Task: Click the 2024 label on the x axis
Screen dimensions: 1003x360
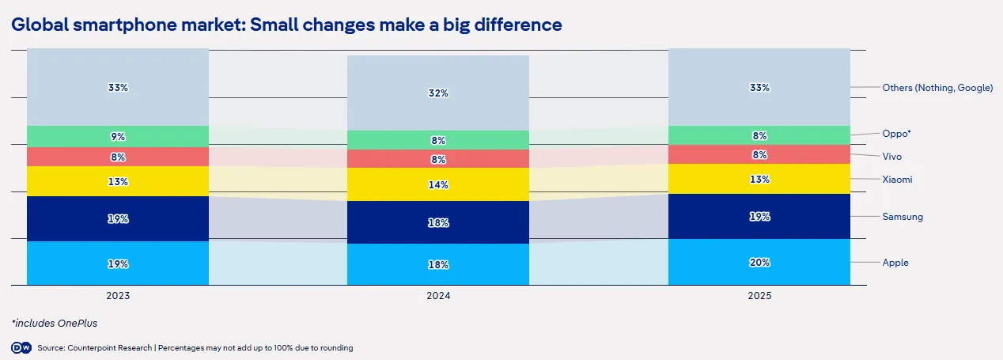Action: coord(438,296)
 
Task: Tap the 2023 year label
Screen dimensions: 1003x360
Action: coord(118,296)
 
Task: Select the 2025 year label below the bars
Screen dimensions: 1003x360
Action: coord(759,296)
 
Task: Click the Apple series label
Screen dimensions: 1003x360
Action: coord(895,263)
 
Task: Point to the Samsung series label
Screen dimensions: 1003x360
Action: coord(903,217)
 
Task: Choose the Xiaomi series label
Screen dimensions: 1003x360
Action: coord(897,180)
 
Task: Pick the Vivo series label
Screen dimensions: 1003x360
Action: coord(892,157)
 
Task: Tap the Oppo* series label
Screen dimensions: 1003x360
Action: coord(896,134)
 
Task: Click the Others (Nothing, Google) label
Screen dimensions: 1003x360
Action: coord(937,88)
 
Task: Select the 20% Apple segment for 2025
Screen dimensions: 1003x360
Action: coord(759,262)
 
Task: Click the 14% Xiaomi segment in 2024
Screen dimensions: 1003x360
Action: coord(438,184)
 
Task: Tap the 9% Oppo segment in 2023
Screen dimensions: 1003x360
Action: coord(118,137)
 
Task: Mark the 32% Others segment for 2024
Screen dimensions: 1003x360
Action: coord(438,93)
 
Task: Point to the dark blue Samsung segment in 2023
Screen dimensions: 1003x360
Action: coord(118,218)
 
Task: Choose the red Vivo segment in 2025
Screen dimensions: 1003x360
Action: coord(759,154)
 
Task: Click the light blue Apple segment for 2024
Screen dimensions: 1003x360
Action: coord(438,264)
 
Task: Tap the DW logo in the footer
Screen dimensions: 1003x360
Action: coord(21,348)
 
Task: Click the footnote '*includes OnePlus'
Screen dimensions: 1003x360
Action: coord(54,324)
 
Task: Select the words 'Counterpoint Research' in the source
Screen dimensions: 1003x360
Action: coord(110,348)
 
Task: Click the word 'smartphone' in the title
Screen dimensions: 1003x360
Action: coord(124,25)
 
